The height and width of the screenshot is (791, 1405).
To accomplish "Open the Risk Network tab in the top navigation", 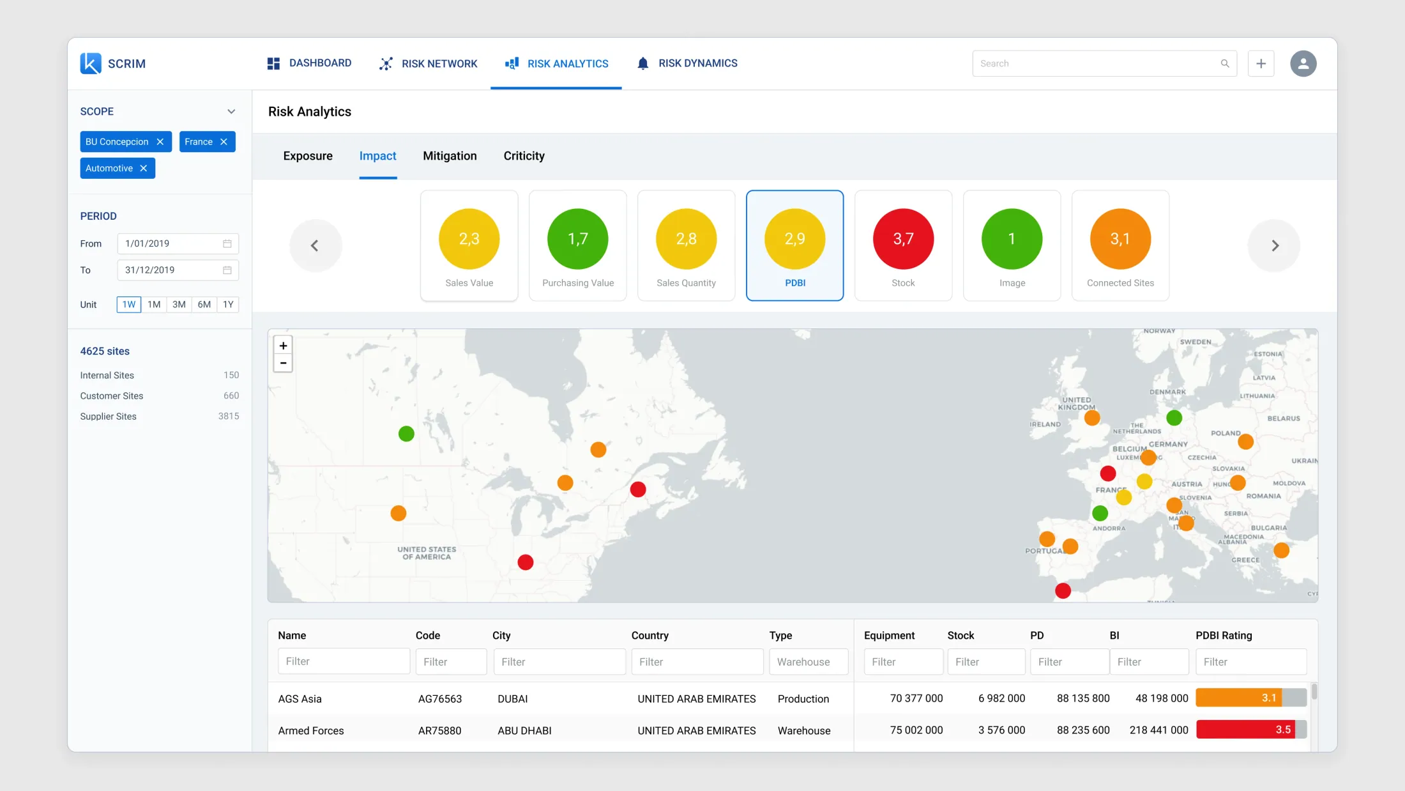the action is [x=428, y=63].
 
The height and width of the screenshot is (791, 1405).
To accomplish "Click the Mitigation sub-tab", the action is [x=450, y=156].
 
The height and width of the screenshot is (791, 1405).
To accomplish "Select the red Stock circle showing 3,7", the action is [x=903, y=239].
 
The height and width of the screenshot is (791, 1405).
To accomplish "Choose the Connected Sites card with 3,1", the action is [x=1120, y=245].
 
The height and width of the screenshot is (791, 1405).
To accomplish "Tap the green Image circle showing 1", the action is [x=1012, y=239].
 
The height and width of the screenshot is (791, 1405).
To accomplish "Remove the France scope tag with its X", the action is [x=224, y=142].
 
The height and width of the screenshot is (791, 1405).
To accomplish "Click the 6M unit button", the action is [x=204, y=304].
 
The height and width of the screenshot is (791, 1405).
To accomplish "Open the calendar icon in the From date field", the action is [x=227, y=243].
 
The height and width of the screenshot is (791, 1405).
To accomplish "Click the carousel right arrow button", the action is [x=1274, y=245].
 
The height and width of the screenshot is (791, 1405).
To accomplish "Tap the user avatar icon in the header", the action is [x=1303, y=63].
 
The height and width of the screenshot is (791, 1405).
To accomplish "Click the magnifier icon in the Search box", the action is [x=1225, y=63].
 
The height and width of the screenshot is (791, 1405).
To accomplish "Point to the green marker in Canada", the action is [x=406, y=434].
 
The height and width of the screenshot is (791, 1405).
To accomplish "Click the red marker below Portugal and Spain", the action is [x=1063, y=590].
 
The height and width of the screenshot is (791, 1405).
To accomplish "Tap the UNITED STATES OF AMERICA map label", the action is [x=427, y=553].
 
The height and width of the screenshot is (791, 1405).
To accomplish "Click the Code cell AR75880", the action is [x=439, y=730].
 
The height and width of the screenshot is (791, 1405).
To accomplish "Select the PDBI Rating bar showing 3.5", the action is [x=1251, y=730].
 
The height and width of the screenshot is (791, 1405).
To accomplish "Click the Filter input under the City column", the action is [x=559, y=662].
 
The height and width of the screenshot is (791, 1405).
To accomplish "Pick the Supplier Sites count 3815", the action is [x=229, y=416].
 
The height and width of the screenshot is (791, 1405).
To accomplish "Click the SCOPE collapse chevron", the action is [x=231, y=111].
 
